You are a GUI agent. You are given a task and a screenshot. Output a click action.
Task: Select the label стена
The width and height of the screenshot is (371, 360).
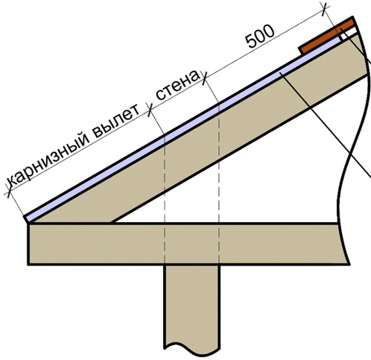coord(177,85)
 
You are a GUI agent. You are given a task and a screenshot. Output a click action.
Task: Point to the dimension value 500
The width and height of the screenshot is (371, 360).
coord(261,37)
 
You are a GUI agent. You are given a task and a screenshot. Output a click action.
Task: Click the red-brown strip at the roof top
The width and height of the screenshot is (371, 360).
coord(327,36)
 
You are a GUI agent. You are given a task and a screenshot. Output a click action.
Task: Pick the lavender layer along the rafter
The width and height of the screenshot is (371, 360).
coord(183,129)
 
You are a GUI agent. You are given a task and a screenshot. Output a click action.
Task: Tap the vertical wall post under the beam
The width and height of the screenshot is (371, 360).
coord(191,308)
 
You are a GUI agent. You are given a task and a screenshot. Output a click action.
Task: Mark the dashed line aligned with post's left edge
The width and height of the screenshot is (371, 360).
coord(165,199)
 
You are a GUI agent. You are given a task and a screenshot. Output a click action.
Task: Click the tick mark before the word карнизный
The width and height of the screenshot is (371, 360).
coord(9,191)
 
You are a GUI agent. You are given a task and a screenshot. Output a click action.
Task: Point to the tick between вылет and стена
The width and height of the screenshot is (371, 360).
coord(150,110)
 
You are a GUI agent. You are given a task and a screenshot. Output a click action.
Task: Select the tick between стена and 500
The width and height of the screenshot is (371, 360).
coord(205,78)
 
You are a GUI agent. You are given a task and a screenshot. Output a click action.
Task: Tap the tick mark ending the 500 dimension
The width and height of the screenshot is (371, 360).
coord(324,9)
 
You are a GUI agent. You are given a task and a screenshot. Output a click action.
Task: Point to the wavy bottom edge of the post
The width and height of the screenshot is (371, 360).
coord(191,348)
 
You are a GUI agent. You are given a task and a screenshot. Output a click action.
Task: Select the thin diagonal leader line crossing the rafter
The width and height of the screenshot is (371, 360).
coord(326,125)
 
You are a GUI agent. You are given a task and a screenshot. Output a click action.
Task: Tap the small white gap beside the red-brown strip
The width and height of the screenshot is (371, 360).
coord(350,33)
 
